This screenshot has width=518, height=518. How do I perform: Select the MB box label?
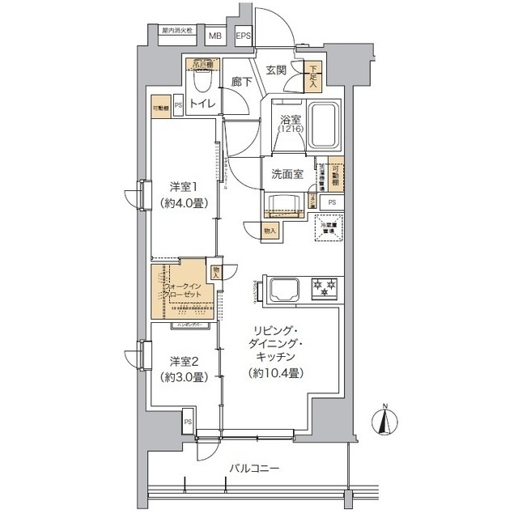pyautogui.click(x=215, y=36)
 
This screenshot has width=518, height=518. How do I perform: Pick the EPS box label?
pyautogui.click(x=243, y=36)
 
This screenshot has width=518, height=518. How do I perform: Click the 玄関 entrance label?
pyautogui.click(x=275, y=70)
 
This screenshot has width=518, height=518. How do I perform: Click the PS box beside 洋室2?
pyautogui.click(x=188, y=422)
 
